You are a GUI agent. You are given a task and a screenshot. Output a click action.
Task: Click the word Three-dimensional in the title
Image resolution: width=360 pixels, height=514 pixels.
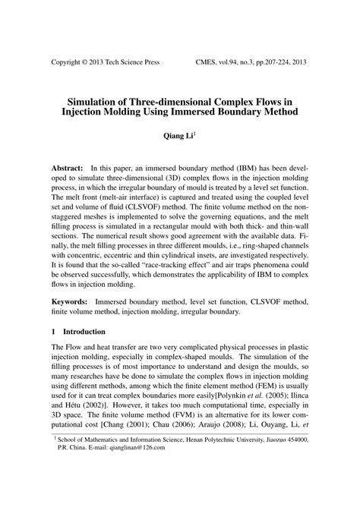[160, 99]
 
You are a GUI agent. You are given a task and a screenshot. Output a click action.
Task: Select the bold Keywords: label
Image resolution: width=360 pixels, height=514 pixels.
[71, 323]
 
